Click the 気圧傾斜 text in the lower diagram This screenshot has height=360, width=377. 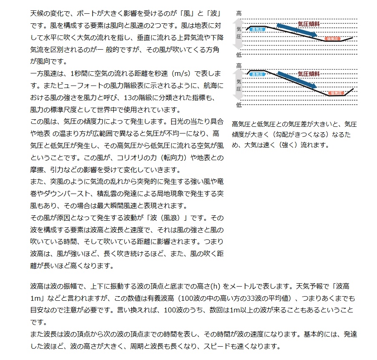click(309, 73)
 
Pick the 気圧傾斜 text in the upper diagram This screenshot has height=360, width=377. click(309, 24)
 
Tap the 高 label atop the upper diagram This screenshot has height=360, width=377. click(239, 13)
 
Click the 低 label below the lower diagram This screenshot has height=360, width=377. click(239, 105)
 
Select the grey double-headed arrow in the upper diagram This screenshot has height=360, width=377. click(239, 34)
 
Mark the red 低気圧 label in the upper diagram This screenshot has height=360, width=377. click(333, 39)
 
